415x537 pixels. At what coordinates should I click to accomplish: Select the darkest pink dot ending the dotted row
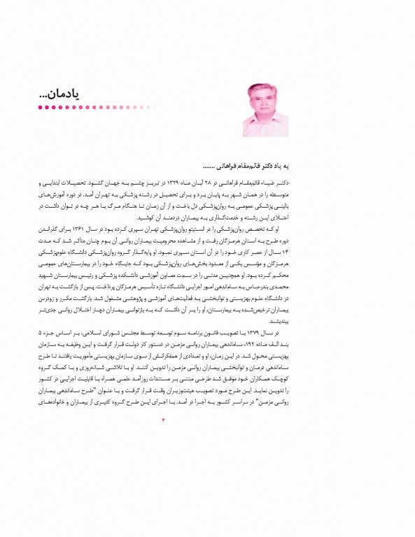click(40, 108)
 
